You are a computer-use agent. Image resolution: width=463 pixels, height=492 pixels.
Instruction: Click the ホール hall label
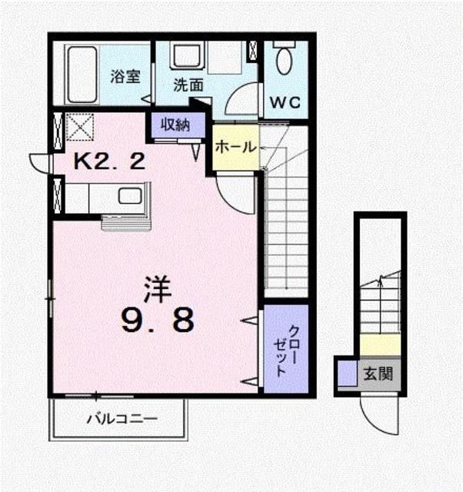[x=234, y=146]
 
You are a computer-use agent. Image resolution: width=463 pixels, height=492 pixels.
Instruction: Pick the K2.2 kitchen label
[x=109, y=161]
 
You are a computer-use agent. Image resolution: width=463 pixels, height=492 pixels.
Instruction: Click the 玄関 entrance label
[x=378, y=375]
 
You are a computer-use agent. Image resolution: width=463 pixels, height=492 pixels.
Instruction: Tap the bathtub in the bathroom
[x=81, y=75]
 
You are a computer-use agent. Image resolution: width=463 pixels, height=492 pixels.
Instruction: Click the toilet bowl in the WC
[x=285, y=60]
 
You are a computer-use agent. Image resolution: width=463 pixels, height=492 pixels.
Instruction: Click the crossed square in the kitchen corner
[x=78, y=126]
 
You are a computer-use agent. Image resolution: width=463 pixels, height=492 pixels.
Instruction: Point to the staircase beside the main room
[x=285, y=231]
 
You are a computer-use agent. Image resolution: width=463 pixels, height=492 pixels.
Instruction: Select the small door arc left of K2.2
[x=39, y=163]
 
